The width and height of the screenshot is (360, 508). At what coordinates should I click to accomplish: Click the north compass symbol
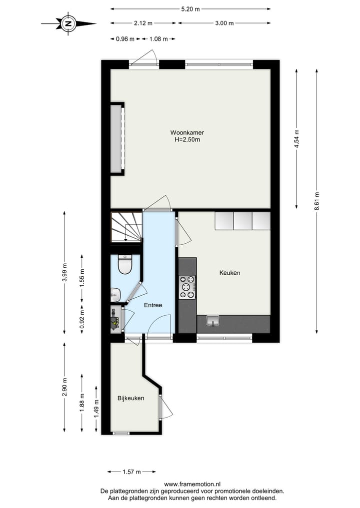pyautogui.click(x=68, y=23)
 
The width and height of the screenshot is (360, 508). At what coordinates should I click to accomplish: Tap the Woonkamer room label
pyautogui.click(x=187, y=132)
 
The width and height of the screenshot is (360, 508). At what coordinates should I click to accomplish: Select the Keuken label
pyautogui.click(x=229, y=273)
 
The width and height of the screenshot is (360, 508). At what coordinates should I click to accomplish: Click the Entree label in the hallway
pyautogui.click(x=153, y=305)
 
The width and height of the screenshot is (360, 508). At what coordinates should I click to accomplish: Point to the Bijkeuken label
pyautogui.click(x=131, y=398)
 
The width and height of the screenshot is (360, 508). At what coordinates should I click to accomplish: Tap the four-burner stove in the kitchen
pyautogui.click(x=187, y=287)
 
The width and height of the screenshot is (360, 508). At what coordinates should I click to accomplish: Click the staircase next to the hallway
pyautogui.click(x=126, y=227)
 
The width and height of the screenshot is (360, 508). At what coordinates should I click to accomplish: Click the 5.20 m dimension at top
pyautogui.click(x=190, y=9)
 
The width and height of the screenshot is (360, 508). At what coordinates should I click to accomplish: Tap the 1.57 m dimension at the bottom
pyautogui.click(x=131, y=472)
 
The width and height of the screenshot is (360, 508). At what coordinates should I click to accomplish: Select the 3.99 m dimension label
pyautogui.click(x=64, y=273)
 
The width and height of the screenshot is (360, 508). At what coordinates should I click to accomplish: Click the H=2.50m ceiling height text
pyautogui.click(x=187, y=140)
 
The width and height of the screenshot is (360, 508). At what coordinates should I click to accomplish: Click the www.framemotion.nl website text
pyautogui.click(x=192, y=484)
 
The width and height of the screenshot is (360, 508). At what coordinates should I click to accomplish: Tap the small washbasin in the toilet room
pyautogui.click(x=115, y=294)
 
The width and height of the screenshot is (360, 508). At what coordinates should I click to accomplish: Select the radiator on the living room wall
pyautogui.click(x=117, y=138)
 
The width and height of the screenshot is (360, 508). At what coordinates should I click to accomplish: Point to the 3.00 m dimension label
pyautogui.click(x=224, y=23)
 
